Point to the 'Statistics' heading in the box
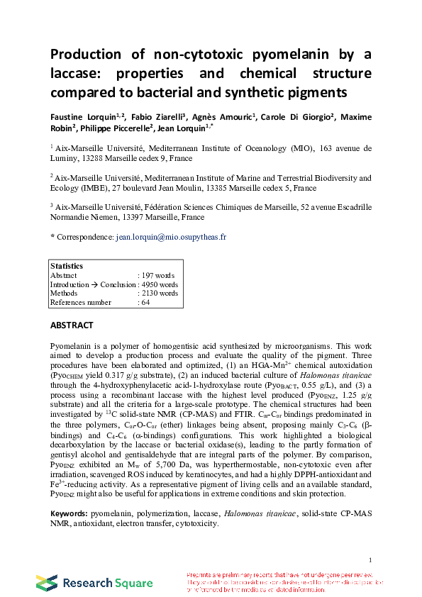coord(67,266)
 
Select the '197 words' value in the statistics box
coord(159,275)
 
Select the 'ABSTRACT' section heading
coord(72,325)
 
